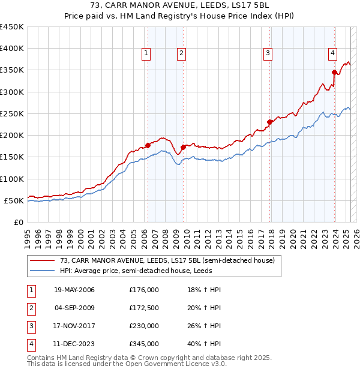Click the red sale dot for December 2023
[x=334, y=73]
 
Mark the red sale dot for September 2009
[x=183, y=147]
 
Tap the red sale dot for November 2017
[x=270, y=122]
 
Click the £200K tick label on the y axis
[x=12, y=136]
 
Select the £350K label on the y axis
[x=12, y=70]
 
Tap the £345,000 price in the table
[x=144, y=344]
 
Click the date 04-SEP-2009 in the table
[x=74, y=308]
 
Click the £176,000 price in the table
[x=144, y=290]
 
